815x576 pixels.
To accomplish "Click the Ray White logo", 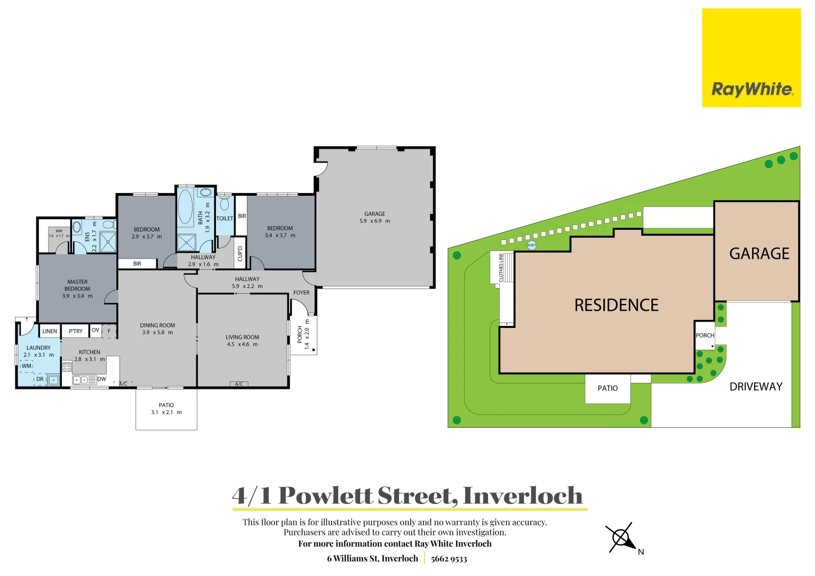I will pos(751,58).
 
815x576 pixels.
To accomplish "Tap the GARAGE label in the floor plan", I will pos(374,214).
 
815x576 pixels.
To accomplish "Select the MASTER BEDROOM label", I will pos(77,285).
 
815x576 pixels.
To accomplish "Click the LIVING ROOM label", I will pos(242,337).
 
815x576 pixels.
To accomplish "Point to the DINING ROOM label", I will pos(157,325).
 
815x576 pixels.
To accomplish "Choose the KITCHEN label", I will pos(90,352).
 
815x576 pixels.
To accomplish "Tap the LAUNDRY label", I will pos(38,348).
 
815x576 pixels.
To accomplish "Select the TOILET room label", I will pos(225,219).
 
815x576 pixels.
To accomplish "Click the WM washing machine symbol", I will pos(27,366).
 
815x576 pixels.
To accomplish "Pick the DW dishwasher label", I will pos(102,379).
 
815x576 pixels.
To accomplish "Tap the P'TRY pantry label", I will pos(76,331).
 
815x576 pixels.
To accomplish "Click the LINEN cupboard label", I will pos(50,331).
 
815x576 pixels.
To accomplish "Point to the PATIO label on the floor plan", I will pos(166,405).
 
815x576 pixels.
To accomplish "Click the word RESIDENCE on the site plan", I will pos(616,305).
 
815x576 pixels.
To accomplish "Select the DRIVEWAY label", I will pos(756,387).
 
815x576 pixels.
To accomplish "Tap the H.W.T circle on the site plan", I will pos(532,245).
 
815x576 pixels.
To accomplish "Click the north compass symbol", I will pos(622,538).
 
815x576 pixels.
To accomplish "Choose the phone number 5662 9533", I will pos(449,559).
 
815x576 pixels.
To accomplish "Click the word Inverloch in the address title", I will pos(523,495).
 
